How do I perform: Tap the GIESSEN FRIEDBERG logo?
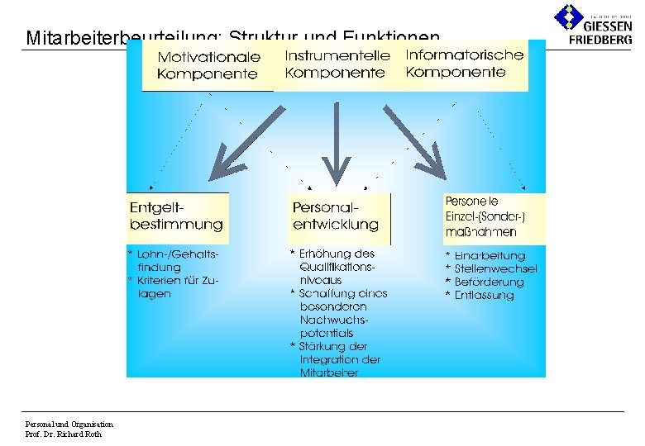click(x=593, y=22)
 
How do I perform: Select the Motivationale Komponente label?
click(x=208, y=65)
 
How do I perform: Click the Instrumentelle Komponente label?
click(x=337, y=64)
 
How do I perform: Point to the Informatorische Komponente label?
click(x=464, y=64)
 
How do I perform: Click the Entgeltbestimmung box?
click(x=176, y=216)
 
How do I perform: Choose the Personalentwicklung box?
click(x=336, y=216)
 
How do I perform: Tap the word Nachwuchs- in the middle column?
click(x=333, y=320)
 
